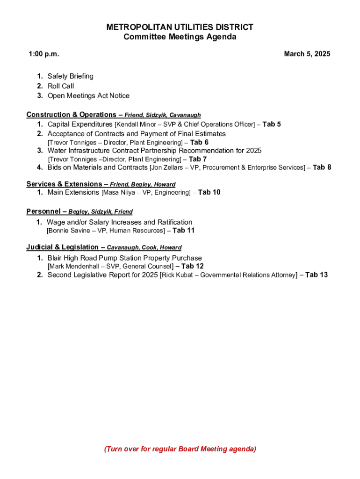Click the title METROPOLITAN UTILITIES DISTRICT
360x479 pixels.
[x=180, y=27]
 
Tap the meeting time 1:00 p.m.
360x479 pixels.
[x=44, y=54]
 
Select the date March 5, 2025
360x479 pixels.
[x=307, y=54]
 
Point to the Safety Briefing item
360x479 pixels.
[x=70, y=76]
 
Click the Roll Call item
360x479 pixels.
[x=61, y=86]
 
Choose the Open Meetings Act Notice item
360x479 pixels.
[x=88, y=96]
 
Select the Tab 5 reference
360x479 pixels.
[x=272, y=124]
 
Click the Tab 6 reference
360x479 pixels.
[x=199, y=142]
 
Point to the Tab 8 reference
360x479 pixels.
[x=322, y=167]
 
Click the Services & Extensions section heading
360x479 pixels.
[x=64, y=184]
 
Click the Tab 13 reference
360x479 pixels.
[x=317, y=275]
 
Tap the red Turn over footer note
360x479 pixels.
[x=180, y=449]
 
